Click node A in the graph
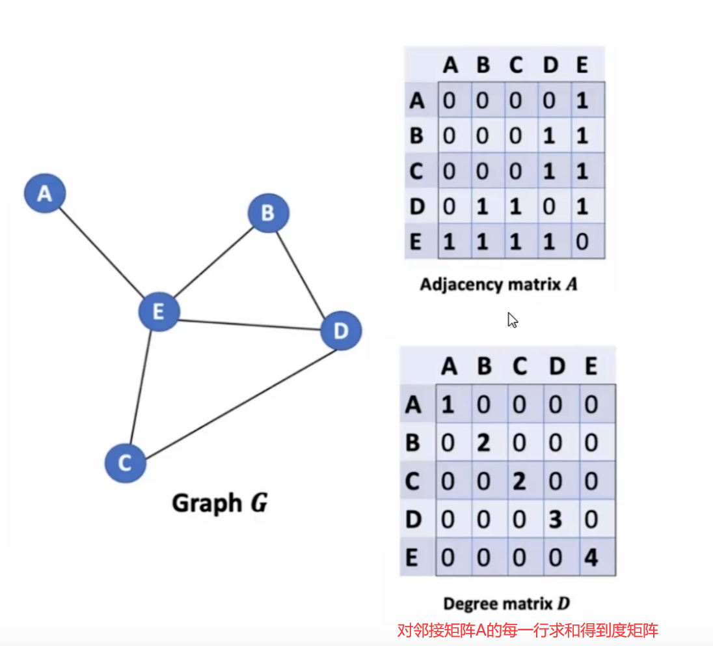click(45, 193)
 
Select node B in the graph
click(268, 213)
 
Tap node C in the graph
click(125, 463)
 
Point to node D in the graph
click(341, 331)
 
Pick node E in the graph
click(158, 312)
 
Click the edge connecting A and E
click(101, 252)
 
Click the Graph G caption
click(219, 503)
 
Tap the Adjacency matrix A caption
click(499, 285)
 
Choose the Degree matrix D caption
click(506, 602)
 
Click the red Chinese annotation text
click(528, 630)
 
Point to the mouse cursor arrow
click(513, 320)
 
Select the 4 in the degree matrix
click(591, 557)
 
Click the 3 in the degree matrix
click(556, 520)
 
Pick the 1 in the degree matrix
click(448, 405)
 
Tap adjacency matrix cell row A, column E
click(582, 100)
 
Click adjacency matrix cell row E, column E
click(582, 242)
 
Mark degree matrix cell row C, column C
click(519, 482)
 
